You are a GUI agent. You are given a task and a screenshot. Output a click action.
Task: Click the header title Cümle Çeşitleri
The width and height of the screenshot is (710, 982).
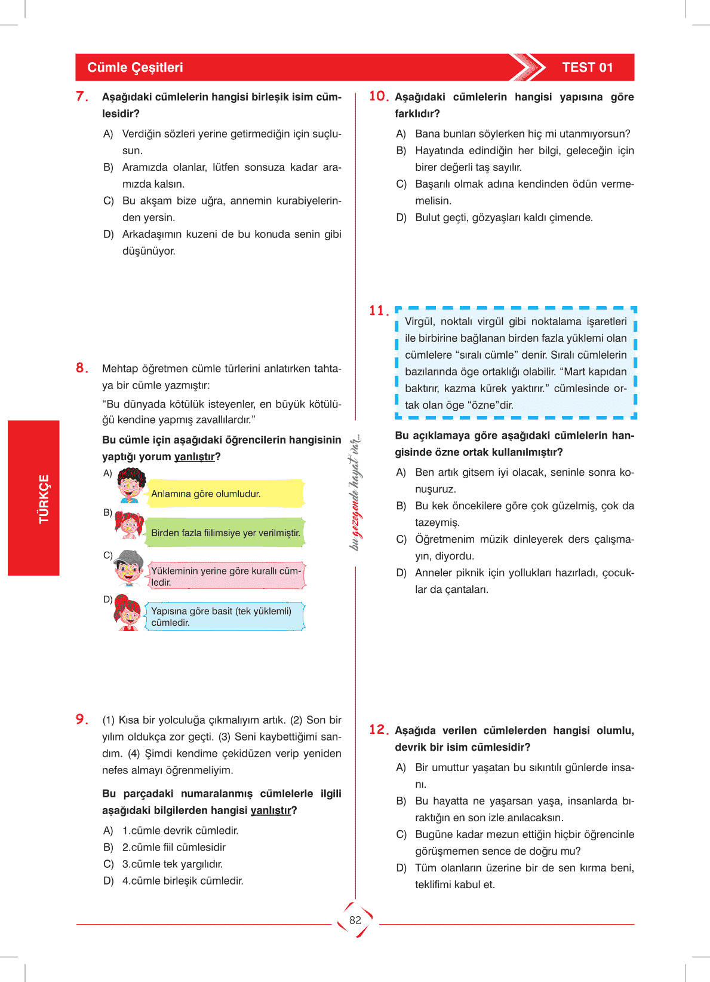click(135, 68)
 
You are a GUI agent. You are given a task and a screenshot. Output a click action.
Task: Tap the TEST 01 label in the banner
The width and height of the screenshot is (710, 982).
click(587, 68)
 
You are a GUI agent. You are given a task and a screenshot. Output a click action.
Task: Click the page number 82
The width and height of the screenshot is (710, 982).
click(355, 920)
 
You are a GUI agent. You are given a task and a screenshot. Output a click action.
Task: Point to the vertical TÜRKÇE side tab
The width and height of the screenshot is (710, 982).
click(44, 498)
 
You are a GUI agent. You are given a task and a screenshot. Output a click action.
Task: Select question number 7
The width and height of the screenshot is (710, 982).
click(82, 96)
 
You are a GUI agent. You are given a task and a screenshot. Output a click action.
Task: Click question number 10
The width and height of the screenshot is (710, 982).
click(379, 96)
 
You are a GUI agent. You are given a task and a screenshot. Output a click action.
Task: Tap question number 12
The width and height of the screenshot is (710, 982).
click(379, 730)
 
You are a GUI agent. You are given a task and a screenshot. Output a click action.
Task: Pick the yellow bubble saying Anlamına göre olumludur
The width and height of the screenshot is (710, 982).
click(225, 494)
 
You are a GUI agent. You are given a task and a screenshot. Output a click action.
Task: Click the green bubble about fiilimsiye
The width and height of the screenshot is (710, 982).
click(225, 533)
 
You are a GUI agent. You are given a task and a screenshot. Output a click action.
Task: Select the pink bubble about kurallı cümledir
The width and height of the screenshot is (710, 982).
click(226, 576)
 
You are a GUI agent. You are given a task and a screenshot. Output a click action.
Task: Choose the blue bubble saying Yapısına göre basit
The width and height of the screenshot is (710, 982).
click(225, 616)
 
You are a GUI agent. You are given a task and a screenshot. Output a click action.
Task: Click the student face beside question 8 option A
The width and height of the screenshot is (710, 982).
click(130, 485)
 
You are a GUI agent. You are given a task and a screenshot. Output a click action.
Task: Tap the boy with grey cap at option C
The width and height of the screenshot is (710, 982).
click(128, 568)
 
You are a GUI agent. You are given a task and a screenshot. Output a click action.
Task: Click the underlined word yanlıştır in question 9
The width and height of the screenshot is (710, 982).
click(271, 810)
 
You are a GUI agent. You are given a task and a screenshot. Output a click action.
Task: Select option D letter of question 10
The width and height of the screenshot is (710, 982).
click(401, 218)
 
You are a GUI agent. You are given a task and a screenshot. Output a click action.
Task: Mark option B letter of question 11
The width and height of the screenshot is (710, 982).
click(401, 506)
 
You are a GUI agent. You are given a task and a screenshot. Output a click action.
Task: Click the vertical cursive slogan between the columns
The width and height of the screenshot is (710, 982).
click(355, 492)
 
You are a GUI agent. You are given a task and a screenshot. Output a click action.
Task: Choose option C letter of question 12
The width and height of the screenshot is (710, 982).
click(401, 834)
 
